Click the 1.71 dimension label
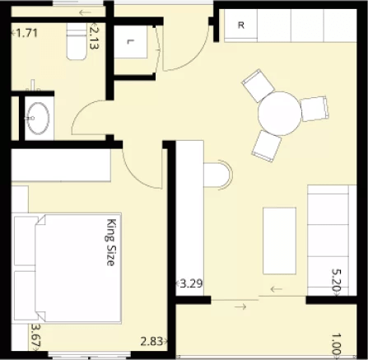[x=26, y=33]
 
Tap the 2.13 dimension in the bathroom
[x=93, y=36]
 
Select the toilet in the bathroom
[x=77, y=41]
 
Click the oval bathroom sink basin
[x=38, y=119]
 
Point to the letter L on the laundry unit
[x=130, y=42]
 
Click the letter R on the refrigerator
[x=241, y=26]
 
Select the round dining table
[x=280, y=114]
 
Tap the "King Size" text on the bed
[x=110, y=242]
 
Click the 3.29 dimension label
[x=192, y=283]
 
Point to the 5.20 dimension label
[x=336, y=280]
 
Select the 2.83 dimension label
[x=151, y=341]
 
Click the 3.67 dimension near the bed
[x=36, y=336]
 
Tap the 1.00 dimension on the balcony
[x=337, y=345]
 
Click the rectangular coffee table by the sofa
[x=279, y=241]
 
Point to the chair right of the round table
[x=314, y=109]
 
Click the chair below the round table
[x=267, y=146]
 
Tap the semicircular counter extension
[x=218, y=175]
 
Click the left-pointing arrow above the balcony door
[x=277, y=289]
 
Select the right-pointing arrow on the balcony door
[x=240, y=306]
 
